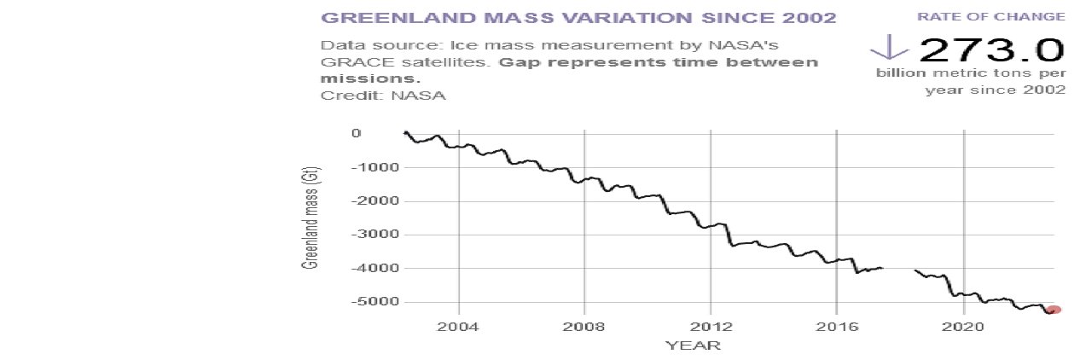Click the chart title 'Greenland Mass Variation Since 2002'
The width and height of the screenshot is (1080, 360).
tap(578, 18)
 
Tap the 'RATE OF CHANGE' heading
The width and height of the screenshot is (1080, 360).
tap(1014, 16)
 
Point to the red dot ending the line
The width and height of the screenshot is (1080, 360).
tap(1054, 311)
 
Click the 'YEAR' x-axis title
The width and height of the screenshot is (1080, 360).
tap(693, 345)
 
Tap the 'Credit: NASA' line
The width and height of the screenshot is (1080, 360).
tap(383, 95)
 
